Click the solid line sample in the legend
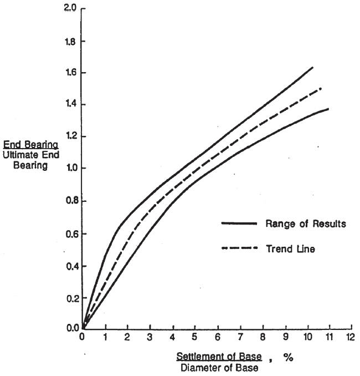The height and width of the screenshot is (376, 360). point(239,223)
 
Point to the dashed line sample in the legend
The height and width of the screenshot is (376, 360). point(239,249)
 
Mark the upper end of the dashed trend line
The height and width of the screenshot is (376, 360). point(321,88)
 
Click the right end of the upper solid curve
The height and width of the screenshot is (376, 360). point(313,67)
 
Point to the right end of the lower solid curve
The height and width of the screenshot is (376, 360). point(328,109)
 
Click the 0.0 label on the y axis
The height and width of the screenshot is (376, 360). point(73,328)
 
